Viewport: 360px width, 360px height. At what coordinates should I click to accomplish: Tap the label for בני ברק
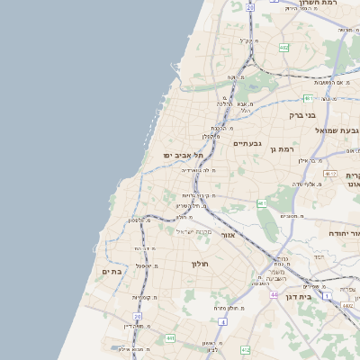(302, 115)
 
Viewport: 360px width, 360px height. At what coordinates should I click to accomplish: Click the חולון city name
(200, 264)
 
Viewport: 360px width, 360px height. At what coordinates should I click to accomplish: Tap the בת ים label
(112, 271)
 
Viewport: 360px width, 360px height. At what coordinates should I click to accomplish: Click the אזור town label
(228, 235)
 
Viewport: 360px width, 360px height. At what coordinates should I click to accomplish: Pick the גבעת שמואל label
(330, 131)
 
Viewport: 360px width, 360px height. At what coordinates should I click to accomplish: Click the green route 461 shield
(262, 203)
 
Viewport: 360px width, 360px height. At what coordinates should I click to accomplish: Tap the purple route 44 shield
(274, 293)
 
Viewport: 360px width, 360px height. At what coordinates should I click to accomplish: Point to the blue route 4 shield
(221, 320)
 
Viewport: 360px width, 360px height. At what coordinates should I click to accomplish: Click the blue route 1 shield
(326, 294)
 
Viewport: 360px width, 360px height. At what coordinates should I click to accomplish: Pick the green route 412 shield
(245, 348)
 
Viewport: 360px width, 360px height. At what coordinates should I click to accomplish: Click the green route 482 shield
(283, 47)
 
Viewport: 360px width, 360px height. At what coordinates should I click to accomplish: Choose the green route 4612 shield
(330, 174)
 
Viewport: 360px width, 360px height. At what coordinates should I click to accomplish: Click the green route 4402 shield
(347, 305)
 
